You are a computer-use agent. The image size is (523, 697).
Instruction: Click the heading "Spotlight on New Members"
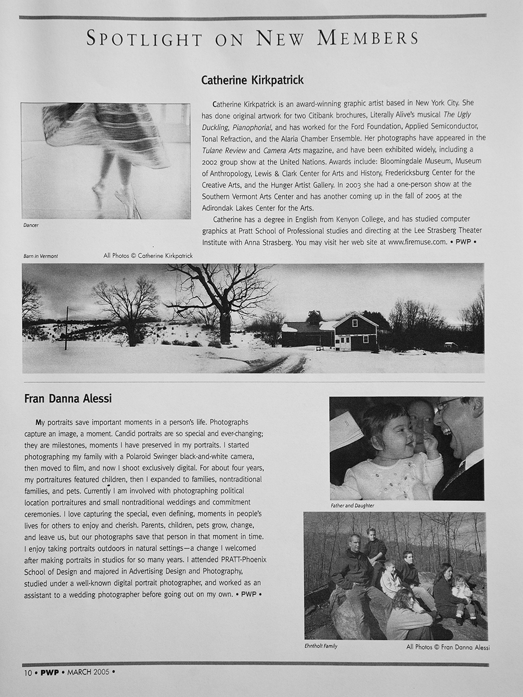253,38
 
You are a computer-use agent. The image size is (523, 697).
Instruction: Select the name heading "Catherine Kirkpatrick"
252,81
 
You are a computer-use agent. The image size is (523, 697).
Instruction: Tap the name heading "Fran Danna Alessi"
68,399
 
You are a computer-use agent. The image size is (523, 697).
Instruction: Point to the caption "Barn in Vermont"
41,255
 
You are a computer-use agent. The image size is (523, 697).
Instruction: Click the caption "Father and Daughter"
352,506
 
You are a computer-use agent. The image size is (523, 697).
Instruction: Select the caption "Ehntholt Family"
321,646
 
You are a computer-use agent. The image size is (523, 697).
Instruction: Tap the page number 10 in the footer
27,672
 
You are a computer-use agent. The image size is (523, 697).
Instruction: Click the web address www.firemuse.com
417,242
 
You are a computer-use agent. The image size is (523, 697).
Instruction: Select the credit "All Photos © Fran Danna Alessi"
447,647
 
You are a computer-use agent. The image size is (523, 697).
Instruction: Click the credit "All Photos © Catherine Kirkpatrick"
148,255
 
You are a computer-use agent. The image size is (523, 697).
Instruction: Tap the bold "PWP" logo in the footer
49,672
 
